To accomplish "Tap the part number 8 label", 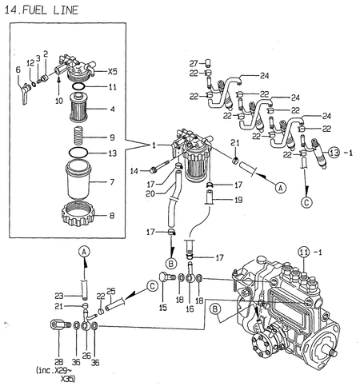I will click(x=111, y=214).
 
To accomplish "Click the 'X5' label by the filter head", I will click(x=113, y=70).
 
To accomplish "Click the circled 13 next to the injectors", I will click(x=334, y=152).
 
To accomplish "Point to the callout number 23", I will click(x=59, y=294).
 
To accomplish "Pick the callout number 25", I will click(x=111, y=290).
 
